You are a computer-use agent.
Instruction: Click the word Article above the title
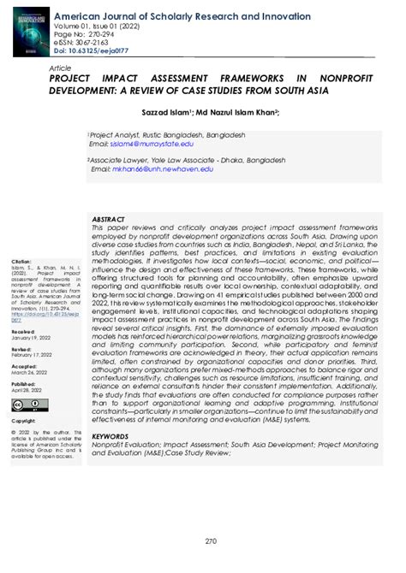[60, 66]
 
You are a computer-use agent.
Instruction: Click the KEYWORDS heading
[110, 434]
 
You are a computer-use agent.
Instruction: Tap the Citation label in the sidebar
[21, 261]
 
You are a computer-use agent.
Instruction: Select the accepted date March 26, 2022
[29, 372]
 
